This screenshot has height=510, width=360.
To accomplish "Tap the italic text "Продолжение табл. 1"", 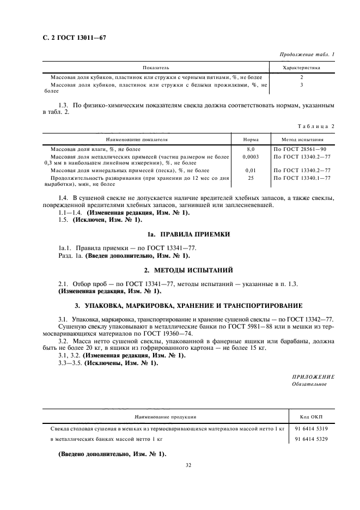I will (x=307, y=55).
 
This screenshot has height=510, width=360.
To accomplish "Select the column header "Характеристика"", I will (x=301, y=68).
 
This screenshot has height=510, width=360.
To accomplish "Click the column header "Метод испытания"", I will (x=302, y=140).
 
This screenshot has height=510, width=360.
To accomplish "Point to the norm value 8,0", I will (x=251, y=149).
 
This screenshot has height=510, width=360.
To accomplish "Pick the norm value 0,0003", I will (x=251, y=156).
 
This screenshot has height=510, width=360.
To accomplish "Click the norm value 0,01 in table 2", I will (x=251, y=170).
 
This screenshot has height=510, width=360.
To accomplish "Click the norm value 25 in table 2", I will (x=251, y=178).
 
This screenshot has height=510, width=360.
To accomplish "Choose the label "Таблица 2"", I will (x=316, y=127).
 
